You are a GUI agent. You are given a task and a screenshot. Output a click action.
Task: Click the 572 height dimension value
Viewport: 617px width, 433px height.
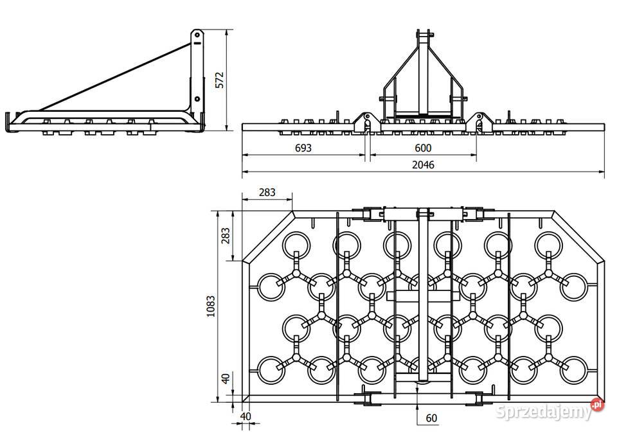(219, 79)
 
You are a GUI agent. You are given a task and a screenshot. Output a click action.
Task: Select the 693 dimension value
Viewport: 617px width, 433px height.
(303, 148)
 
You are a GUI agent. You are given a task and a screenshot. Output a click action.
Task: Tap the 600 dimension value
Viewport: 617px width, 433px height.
(422, 148)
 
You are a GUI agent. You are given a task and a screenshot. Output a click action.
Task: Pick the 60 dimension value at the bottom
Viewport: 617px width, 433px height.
(431, 418)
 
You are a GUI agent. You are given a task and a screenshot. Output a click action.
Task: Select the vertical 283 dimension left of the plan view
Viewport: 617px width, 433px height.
(225, 236)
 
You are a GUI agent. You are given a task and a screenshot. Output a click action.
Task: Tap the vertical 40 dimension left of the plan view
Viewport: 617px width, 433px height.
(225, 378)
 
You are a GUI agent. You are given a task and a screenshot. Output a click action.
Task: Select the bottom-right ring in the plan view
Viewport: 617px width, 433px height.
(574, 371)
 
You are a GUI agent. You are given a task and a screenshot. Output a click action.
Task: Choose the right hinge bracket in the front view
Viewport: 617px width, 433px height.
(479, 121)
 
